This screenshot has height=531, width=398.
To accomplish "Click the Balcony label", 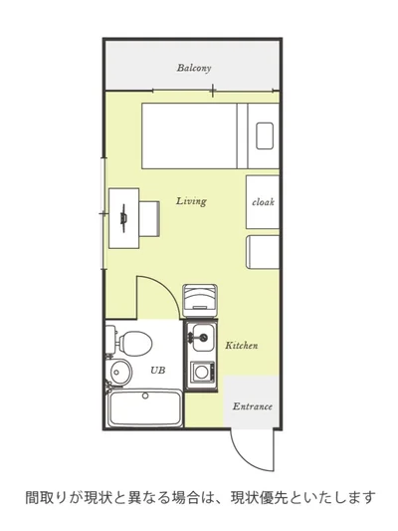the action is (194, 68).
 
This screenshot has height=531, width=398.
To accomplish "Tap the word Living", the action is (191, 201).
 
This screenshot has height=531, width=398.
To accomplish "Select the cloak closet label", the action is (263, 202).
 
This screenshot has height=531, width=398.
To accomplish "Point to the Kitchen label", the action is (242, 346).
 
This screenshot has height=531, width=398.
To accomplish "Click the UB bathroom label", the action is (158, 371).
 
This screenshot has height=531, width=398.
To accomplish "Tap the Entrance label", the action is (253, 406).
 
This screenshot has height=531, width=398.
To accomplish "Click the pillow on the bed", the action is (265, 135).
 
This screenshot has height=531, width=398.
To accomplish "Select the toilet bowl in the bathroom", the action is (135, 343).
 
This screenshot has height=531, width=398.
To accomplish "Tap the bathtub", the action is (144, 408).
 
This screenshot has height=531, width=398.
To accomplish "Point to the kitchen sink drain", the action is (203, 337).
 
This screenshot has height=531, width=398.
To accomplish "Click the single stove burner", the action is (202, 372).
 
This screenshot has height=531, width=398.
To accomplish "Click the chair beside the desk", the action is (149, 218).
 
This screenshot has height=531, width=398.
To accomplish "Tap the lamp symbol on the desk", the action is (123, 218).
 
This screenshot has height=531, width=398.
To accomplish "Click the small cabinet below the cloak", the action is (263, 252).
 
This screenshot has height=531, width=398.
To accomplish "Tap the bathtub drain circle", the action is (145, 396).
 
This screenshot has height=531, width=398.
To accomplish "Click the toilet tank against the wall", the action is (110, 340).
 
